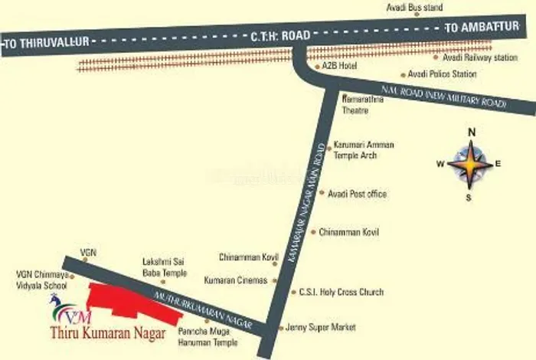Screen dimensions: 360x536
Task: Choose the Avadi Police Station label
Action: point(442,74)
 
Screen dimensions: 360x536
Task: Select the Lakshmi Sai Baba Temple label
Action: point(164,267)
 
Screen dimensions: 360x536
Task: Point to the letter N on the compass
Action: point(472,132)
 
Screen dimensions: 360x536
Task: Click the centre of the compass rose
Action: point(471,164)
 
